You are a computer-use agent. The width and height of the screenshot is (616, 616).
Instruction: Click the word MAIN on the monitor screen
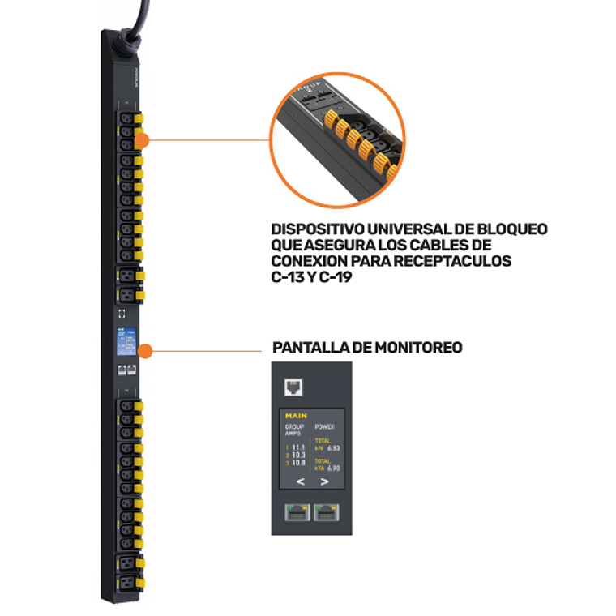[296, 416]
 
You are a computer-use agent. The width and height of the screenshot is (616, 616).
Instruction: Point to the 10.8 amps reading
[298, 462]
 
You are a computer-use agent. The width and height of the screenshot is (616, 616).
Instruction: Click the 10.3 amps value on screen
[298, 455]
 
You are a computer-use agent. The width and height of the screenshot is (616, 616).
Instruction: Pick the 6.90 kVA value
[333, 468]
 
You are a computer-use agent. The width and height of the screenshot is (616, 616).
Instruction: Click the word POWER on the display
[324, 426]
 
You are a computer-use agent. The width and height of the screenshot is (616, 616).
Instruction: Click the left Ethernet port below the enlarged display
[296, 511]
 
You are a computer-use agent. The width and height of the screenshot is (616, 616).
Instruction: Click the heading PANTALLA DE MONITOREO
[367, 348]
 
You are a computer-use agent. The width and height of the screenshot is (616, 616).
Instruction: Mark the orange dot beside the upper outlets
[141, 139]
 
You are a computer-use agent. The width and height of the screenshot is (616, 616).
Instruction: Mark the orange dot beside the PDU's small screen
[145, 351]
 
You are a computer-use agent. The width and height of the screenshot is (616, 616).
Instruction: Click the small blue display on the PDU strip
[124, 341]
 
